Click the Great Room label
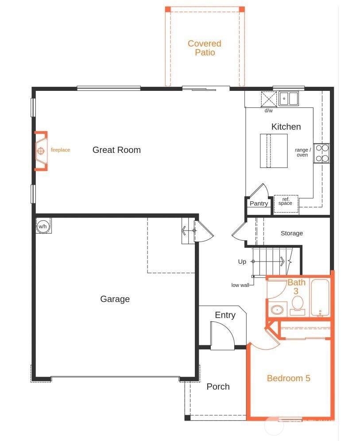tap(116, 150)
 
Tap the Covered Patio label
tap(205, 48)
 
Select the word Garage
tap(115, 299)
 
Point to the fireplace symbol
tap(41, 151)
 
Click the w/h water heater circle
tap(43, 226)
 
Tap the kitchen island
tap(274, 151)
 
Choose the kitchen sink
tap(289, 98)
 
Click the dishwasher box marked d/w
tap(269, 99)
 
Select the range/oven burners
tap(322, 153)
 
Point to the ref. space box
tap(286, 203)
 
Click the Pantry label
tap(259, 203)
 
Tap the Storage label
tap(292, 233)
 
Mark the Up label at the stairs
tap(242, 262)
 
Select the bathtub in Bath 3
tap(320, 297)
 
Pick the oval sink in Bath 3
tap(277, 310)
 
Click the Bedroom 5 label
tap(288, 378)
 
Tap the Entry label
tap(225, 315)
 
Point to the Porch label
tap(218, 386)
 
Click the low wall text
tap(240, 285)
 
